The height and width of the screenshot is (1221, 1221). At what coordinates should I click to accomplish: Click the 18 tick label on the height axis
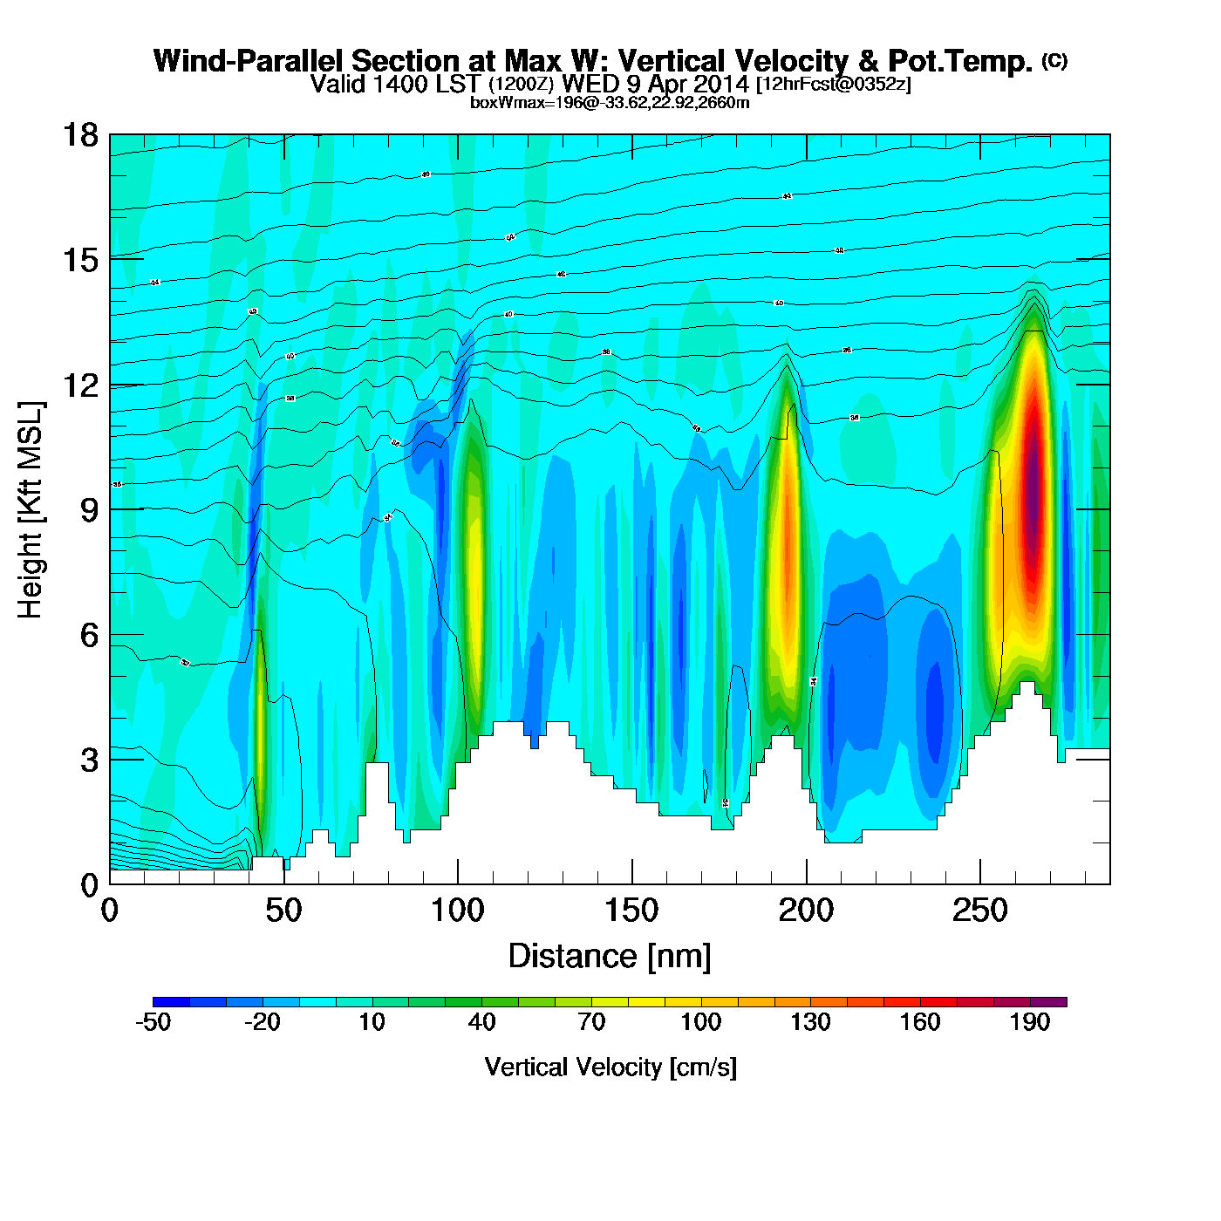point(80,135)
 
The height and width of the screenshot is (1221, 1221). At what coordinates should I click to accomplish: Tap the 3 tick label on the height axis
point(90,761)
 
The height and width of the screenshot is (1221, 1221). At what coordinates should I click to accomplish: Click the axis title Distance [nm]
point(610,957)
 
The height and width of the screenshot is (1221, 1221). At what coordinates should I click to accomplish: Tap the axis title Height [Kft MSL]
point(31,510)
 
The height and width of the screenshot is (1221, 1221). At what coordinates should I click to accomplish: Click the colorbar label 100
point(700,1022)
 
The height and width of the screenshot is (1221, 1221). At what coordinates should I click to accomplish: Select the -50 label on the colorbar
point(153,1022)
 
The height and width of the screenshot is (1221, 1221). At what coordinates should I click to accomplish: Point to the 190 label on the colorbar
point(1030,1022)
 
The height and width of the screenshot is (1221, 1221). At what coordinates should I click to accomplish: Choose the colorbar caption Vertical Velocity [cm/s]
point(610,1067)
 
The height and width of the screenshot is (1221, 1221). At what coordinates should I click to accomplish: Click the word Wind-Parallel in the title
point(249,61)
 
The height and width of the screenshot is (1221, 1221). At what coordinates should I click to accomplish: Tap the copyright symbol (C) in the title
point(1054,60)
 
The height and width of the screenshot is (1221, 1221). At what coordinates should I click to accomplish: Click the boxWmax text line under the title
point(610,102)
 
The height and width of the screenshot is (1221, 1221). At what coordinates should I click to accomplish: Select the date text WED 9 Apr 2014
point(656,84)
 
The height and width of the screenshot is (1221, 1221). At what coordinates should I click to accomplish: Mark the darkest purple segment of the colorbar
point(1048,1002)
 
